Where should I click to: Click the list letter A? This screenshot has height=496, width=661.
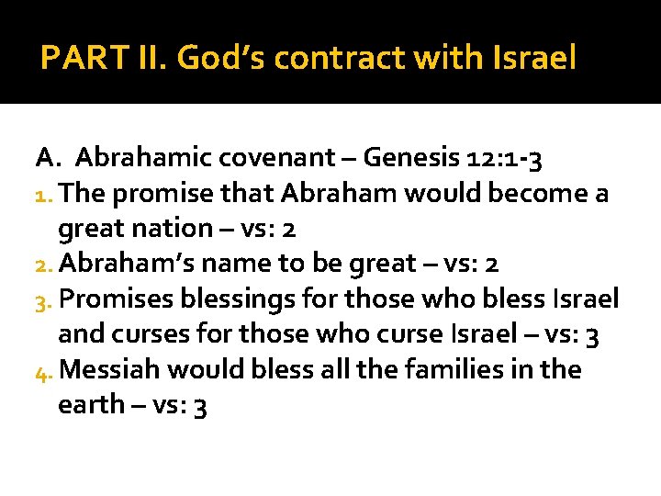[x=47, y=158]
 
